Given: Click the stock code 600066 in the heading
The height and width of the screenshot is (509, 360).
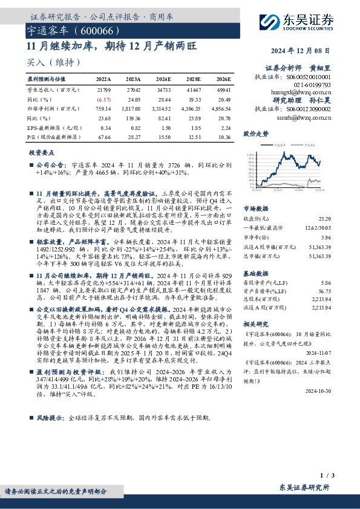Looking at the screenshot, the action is (x=94, y=30).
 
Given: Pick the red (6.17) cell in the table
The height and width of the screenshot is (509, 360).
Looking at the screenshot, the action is (x=104, y=98).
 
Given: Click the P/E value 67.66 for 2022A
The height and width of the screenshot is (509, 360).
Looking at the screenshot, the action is (x=104, y=138).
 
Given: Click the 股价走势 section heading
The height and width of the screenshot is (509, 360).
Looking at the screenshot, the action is (x=255, y=133).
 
